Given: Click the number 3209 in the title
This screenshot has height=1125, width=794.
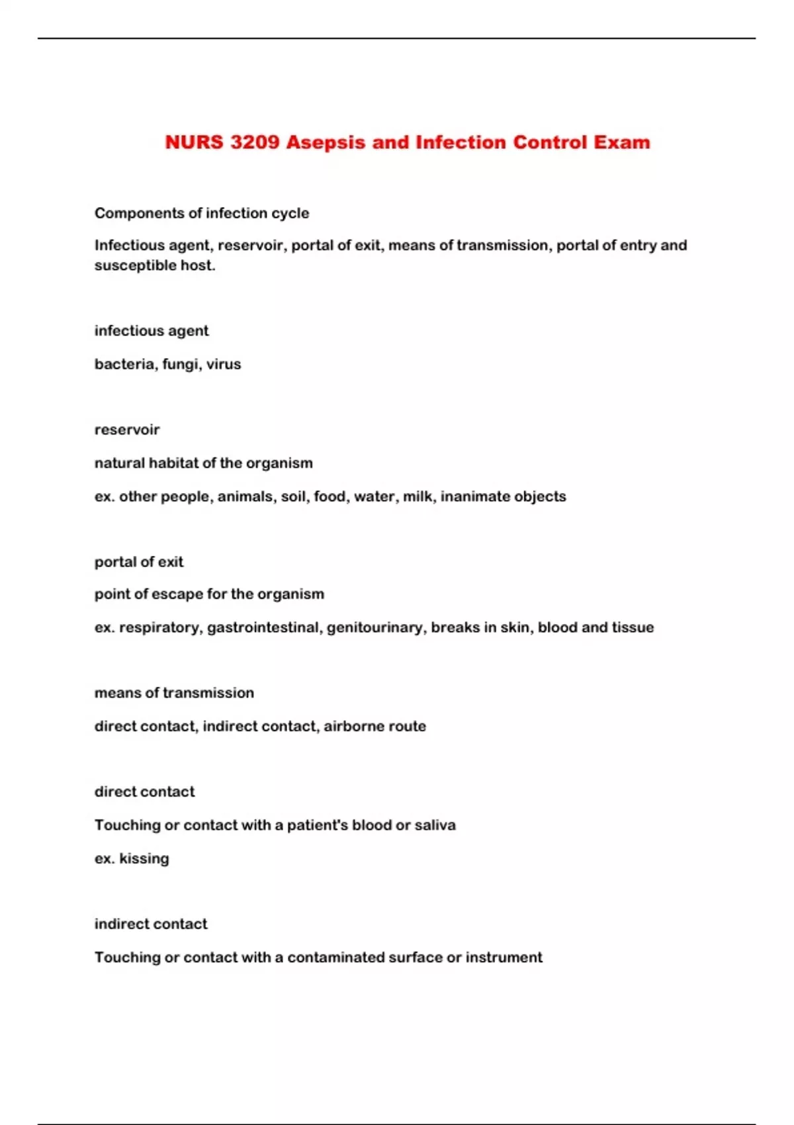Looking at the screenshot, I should click(x=255, y=142).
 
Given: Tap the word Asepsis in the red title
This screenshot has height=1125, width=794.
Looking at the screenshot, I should click(x=326, y=142).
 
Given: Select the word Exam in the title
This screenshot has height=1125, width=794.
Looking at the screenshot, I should click(x=621, y=142).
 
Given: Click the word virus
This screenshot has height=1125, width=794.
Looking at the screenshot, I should click(x=224, y=364).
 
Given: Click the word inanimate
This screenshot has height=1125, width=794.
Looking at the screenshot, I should click(x=471, y=496).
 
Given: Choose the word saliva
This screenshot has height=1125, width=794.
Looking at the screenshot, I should click(x=435, y=825).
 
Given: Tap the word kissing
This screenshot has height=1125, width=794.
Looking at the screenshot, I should click(x=144, y=859).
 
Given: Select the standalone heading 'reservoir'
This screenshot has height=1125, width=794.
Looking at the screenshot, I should click(x=127, y=430).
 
